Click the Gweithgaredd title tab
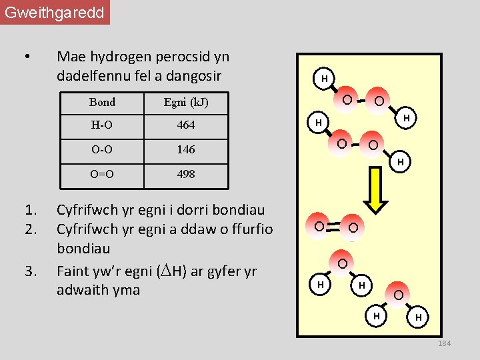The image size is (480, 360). [x=55, y=13]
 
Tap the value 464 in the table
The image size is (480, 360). [x=186, y=125]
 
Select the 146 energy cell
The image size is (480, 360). [x=186, y=149]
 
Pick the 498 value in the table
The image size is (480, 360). [x=186, y=174]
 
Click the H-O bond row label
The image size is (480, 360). [x=102, y=125]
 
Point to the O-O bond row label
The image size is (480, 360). [x=102, y=149]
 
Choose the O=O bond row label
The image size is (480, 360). [x=102, y=174]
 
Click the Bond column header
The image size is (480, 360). [x=102, y=102]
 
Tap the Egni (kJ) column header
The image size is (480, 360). [x=186, y=102]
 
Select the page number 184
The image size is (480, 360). [x=444, y=343]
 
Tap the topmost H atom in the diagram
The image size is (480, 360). [x=324, y=79]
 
